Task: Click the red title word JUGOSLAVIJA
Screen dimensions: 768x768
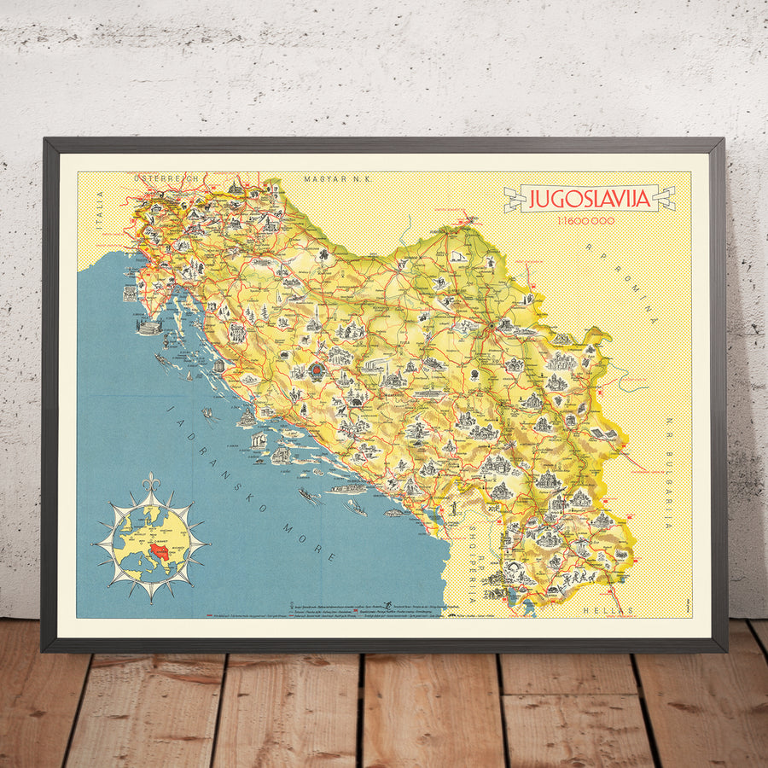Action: pyautogui.click(x=590, y=199)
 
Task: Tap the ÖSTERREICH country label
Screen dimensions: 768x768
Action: pyautogui.click(x=166, y=177)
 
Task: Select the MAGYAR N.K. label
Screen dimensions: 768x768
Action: pyautogui.click(x=334, y=178)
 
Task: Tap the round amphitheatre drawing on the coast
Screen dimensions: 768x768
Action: pyautogui.click(x=148, y=327)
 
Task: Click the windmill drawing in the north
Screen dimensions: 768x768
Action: pyautogui.click(x=456, y=255)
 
